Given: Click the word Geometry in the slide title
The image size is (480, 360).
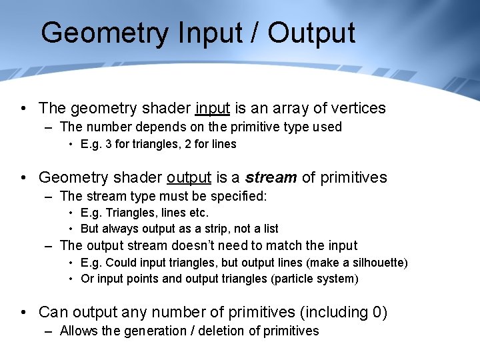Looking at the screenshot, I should (105, 33).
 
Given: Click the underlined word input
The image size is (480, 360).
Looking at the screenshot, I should (213, 108).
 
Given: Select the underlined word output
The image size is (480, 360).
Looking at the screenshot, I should (189, 177).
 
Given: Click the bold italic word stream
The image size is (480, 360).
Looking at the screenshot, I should (271, 177).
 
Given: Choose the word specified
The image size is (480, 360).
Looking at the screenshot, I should (239, 196).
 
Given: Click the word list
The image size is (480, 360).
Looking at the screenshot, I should (271, 229).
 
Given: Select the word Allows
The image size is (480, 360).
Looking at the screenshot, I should (77, 331).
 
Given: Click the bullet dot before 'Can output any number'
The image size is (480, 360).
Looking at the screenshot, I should (23, 313).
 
